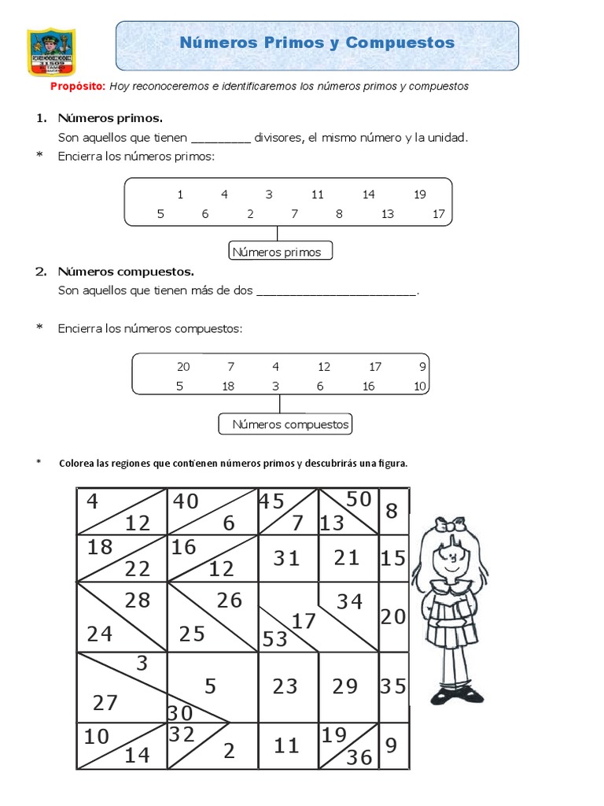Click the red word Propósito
77,87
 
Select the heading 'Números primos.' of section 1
110,118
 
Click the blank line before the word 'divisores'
220,139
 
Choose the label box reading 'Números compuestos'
285,425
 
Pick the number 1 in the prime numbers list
180,194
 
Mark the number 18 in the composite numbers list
228,386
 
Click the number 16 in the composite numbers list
368,386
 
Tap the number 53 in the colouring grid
275,639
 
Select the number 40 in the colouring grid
186,501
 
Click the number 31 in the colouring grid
287,558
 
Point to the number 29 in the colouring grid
344,686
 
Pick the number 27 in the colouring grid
105,702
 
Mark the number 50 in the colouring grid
358,498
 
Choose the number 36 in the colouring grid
359,757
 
